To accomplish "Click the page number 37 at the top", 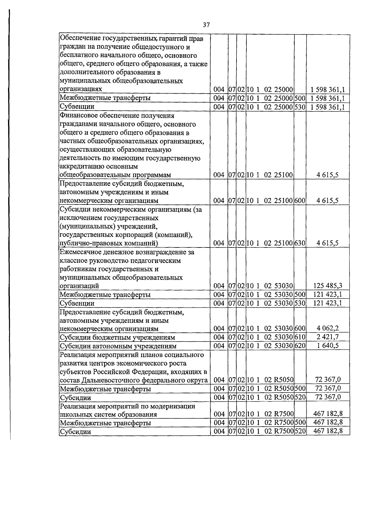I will coord(207,25).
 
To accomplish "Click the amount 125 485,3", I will coord(328,285).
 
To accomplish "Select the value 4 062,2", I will coord(328,328).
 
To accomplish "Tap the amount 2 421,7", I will coord(328,337).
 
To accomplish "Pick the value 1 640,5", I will coord(328,346).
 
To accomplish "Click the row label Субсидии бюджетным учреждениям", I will coord(117,337).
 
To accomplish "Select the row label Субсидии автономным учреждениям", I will coord(118,346).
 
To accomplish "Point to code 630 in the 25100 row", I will coord(300,243).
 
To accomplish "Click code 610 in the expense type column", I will coord(300,337).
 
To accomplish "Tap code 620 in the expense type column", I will coord(300,346).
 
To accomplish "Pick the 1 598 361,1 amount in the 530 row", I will coord(328,107).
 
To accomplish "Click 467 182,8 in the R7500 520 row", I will coord(328,431).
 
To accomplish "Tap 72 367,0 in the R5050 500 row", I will coord(328,389).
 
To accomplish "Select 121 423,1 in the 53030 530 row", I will coord(328,303).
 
